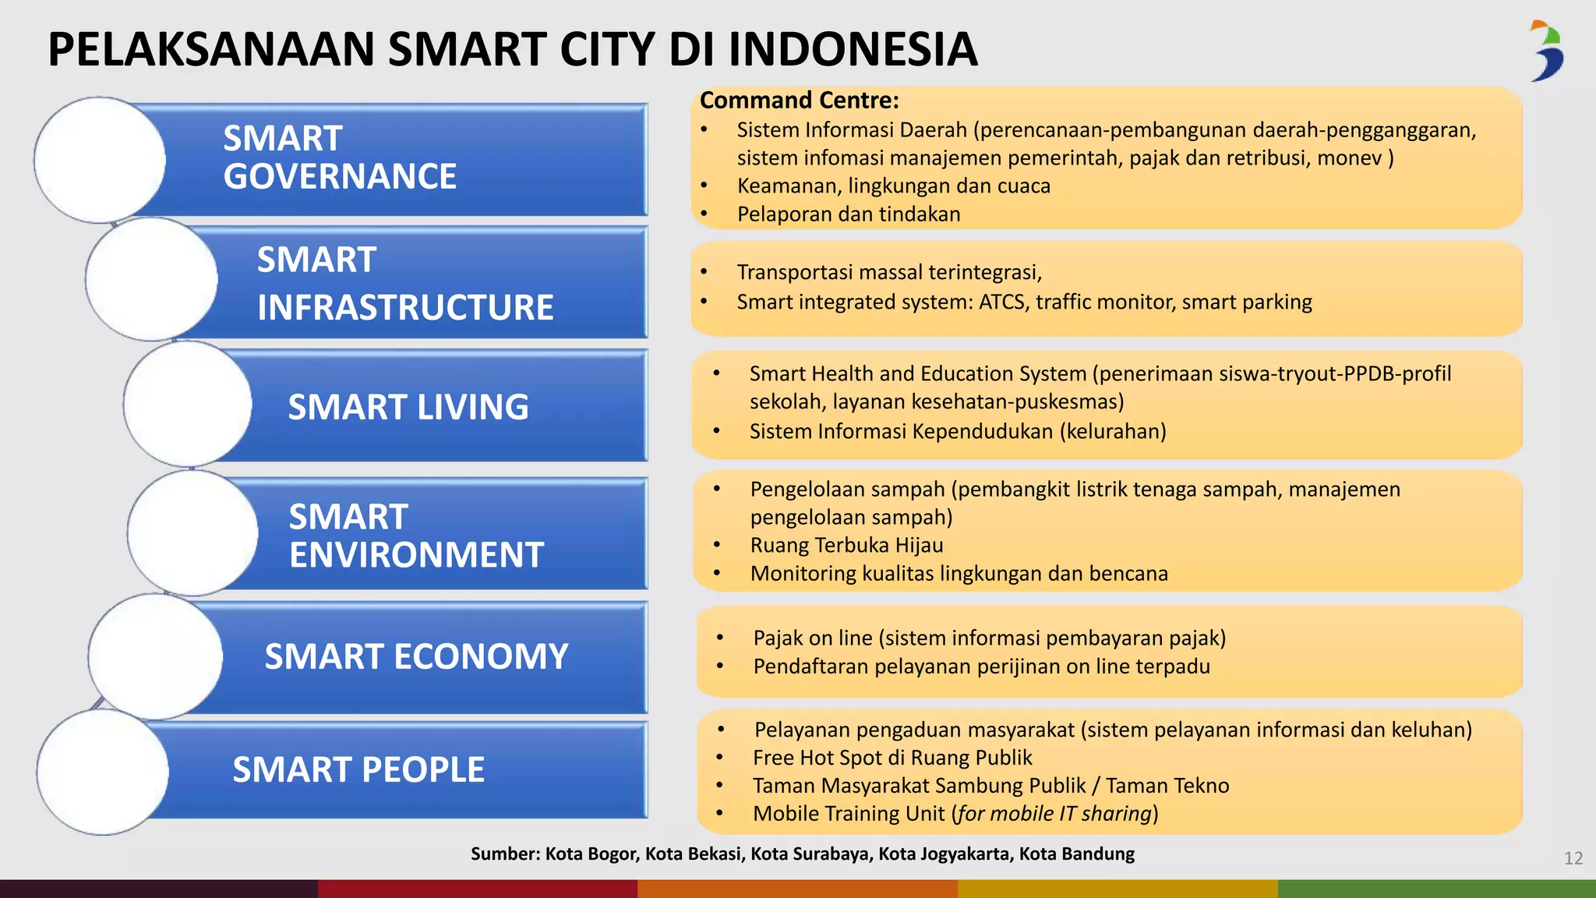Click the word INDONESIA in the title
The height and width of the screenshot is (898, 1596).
pos(853,49)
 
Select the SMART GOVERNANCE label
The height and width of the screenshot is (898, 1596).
pos(340,157)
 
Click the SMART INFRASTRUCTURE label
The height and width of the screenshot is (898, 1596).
pos(405,284)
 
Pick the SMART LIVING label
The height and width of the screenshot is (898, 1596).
pos(408,407)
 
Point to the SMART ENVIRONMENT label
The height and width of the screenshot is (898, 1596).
pos(416,536)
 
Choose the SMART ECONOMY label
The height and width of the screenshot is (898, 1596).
pos(416,656)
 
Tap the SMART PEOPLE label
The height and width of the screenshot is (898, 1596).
pos(358,769)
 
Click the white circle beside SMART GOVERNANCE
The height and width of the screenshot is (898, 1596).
pos(100,160)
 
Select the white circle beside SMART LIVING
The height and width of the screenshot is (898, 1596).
pos(188,404)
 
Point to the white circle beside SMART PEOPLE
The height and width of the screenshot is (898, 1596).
pos(103,772)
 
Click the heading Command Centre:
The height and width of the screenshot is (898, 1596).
pos(800,101)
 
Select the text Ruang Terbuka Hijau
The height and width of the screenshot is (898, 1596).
pos(846,545)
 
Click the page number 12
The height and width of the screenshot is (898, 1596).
pos(1573,858)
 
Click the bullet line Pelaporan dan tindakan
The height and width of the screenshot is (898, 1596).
pos(849,214)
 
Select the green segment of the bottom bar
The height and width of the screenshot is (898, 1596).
pos(1436,889)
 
